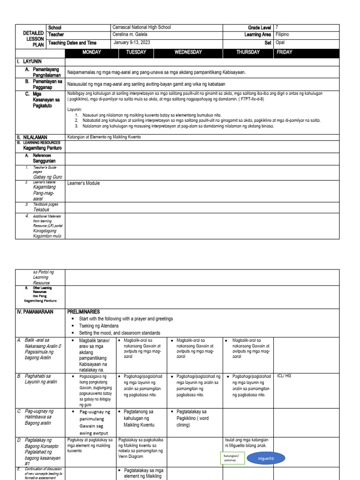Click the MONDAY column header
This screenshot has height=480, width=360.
pos(92,52)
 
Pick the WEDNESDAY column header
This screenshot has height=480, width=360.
pos(188,52)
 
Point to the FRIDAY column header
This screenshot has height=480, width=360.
pos(285,52)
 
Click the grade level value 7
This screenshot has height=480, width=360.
pos(277,27)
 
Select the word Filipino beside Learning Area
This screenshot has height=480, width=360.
pos(283,35)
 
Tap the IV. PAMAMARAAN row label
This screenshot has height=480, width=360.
pos(35,311)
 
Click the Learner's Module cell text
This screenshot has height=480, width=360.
pos(84,183)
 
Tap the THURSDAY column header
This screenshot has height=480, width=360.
pos(248,52)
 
